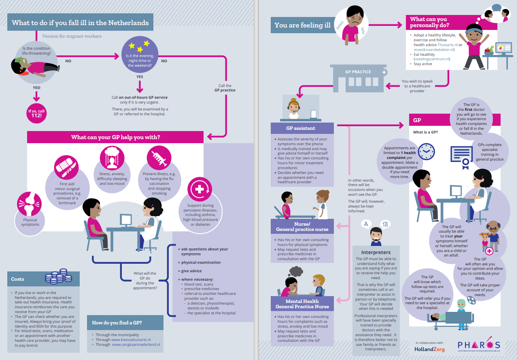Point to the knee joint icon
coord(30,205)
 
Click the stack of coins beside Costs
coord(59,276)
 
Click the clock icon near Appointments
coord(426,151)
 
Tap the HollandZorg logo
coord(429,349)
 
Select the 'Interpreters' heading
coord(376,252)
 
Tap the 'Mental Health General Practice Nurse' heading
coord(303,304)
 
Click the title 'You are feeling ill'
coord(302,25)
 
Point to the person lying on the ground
coord(31,66)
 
